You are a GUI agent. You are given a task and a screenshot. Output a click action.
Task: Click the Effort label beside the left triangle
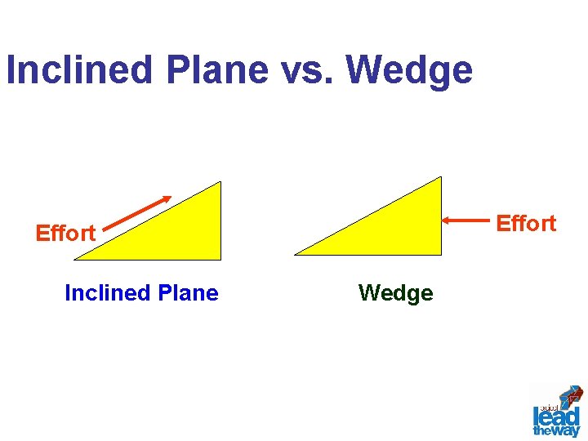tap(65, 234)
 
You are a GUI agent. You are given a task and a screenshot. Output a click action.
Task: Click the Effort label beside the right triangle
tap(526, 223)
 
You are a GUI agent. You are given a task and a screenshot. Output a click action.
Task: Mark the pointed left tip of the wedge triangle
tap(296, 254)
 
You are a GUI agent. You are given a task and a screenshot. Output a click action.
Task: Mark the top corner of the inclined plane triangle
tap(220, 183)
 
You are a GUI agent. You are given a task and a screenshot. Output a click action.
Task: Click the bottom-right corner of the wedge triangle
tap(440, 254)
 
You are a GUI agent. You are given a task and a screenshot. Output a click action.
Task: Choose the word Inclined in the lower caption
tap(102, 293)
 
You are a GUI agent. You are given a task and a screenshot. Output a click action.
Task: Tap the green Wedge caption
tap(395, 293)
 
